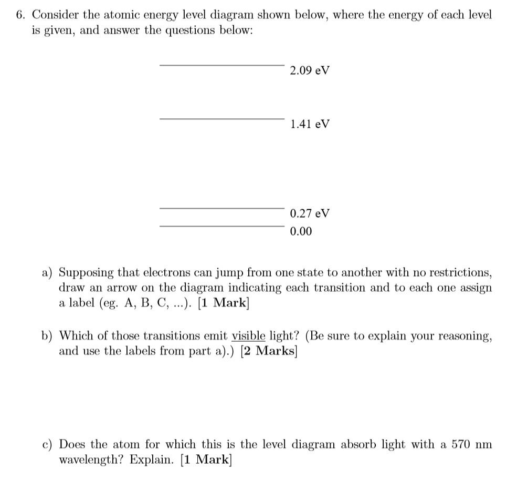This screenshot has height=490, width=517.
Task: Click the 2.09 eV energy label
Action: (x=309, y=70)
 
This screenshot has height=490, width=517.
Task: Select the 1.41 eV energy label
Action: (x=309, y=124)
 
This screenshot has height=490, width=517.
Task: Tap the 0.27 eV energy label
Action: (x=309, y=213)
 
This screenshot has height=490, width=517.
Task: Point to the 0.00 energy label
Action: (x=300, y=231)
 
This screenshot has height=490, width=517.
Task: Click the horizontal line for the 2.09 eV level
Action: (x=221, y=65)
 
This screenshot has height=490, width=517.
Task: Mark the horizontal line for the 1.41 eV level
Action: (x=221, y=118)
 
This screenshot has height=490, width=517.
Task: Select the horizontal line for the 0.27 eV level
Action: (x=221, y=208)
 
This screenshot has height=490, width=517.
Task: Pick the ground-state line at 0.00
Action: (x=221, y=226)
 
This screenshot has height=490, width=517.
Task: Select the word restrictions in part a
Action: (x=459, y=272)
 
